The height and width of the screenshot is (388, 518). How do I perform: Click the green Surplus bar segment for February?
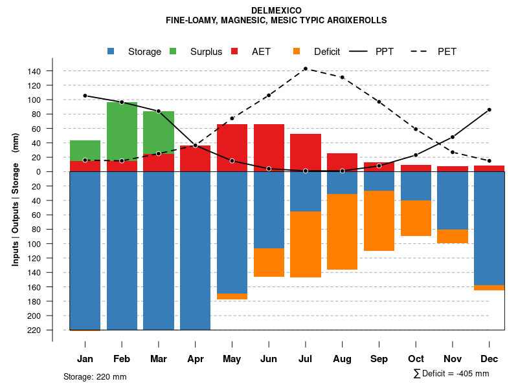click(122, 131)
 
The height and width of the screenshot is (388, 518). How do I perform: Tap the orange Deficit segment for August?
click(342, 232)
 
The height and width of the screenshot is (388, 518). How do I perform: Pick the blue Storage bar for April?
click(195, 250)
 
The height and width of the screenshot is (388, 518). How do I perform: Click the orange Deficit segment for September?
click(379, 221)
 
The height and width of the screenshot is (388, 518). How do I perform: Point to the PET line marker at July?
click(305, 69)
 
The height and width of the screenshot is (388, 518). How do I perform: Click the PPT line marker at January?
click(85, 96)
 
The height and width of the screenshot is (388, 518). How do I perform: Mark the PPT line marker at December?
click(490, 110)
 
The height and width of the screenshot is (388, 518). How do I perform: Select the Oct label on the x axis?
click(416, 359)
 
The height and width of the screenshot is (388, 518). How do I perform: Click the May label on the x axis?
click(232, 359)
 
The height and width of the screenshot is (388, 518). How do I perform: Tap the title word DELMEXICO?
click(276, 10)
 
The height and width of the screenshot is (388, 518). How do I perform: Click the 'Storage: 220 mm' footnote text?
click(95, 376)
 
